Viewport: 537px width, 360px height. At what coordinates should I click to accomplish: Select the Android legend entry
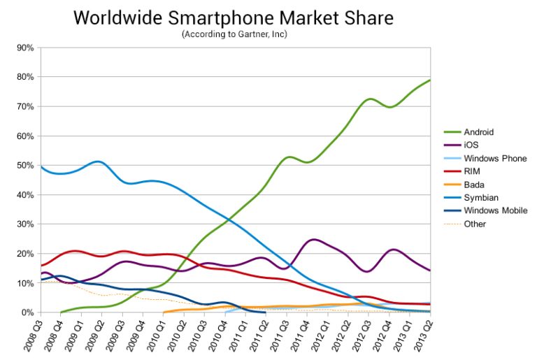[x=480, y=132]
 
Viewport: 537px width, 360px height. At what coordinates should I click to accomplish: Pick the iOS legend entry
[x=472, y=145]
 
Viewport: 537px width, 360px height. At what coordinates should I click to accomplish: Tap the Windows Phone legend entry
[x=494, y=159]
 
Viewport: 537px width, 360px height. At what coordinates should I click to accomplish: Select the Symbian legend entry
[x=480, y=198]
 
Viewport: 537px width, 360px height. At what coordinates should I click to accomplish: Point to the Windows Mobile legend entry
[x=494, y=210]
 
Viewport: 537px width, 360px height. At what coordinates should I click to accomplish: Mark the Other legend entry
[x=475, y=224]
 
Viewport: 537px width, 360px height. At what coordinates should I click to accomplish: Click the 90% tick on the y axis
[x=25, y=48]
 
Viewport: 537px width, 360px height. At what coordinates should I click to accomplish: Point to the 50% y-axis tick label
[x=25, y=166]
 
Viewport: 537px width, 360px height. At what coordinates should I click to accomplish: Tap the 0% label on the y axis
[x=27, y=312]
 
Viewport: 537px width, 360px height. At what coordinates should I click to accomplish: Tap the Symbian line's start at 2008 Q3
[x=41, y=166]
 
